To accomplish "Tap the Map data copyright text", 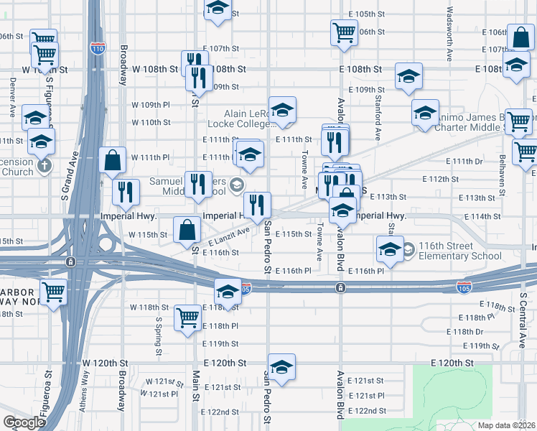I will (506, 425).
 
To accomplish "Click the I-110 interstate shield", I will (98, 49).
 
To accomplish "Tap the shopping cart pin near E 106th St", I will (344, 32).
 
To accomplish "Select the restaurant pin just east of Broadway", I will (126, 191).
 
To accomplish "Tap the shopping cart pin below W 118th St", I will (187, 316).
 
